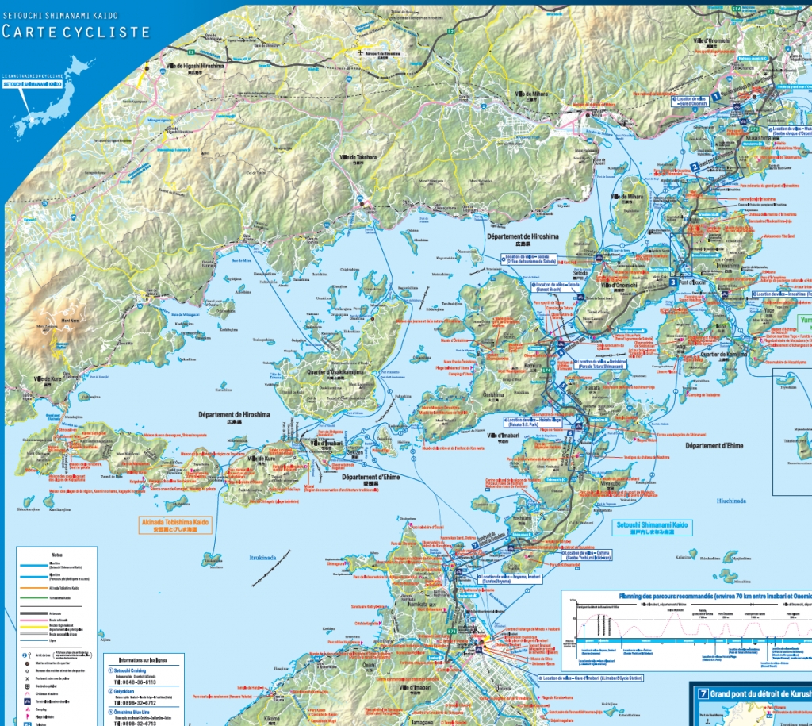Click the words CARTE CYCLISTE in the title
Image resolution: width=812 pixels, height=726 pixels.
point(75,32)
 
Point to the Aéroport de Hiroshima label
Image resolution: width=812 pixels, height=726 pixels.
point(383,52)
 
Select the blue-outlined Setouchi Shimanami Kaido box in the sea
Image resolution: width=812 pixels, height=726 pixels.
point(653,528)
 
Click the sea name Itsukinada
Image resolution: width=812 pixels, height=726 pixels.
point(262,558)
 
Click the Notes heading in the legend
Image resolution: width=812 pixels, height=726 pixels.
point(56,555)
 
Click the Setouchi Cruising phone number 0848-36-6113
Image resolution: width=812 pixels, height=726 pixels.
point(138,682)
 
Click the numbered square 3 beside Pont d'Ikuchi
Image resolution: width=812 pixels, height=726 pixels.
point(672,282)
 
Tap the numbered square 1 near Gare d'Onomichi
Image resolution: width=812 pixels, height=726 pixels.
point(714,96)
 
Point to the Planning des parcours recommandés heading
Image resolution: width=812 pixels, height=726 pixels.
point(687,595)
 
